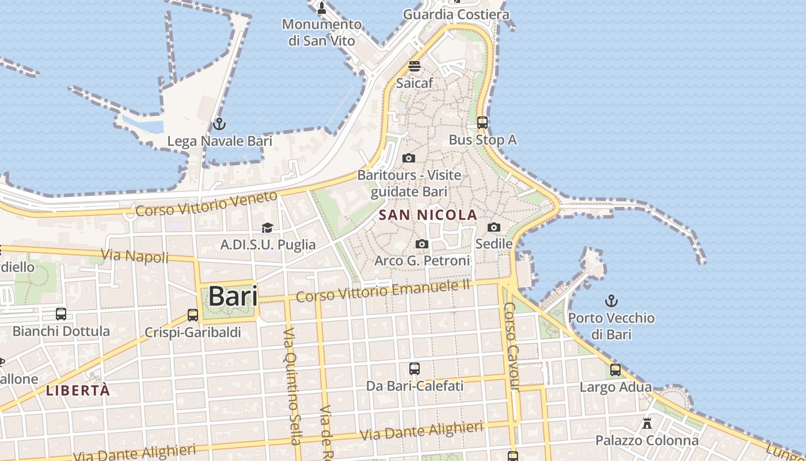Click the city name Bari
(x=232, y=297)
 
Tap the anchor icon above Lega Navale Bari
(x=219, y=124)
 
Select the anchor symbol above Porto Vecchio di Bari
(x=611, y=301)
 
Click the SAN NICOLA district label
(x=428, y=216)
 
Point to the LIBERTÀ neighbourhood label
(x=78, y=390)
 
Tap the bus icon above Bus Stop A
(x=482, y=123)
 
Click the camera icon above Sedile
(x=494, y=228)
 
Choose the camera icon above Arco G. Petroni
(x=422, y=244)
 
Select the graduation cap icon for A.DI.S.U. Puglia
(x=267, y=228)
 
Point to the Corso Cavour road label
(x=511, y=346)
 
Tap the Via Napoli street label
(x=135, y=255)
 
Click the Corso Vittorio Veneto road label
(x=206, y=205)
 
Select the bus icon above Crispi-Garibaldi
(x=193, y=316)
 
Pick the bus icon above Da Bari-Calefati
(x=415, y=369)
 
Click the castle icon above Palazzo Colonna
(x=647, y=424)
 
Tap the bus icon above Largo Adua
(x=615, y=370)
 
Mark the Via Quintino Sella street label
(x=291, y=386)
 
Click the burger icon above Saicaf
(x=415, y=66)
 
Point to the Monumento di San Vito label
(x=322, y=32)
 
